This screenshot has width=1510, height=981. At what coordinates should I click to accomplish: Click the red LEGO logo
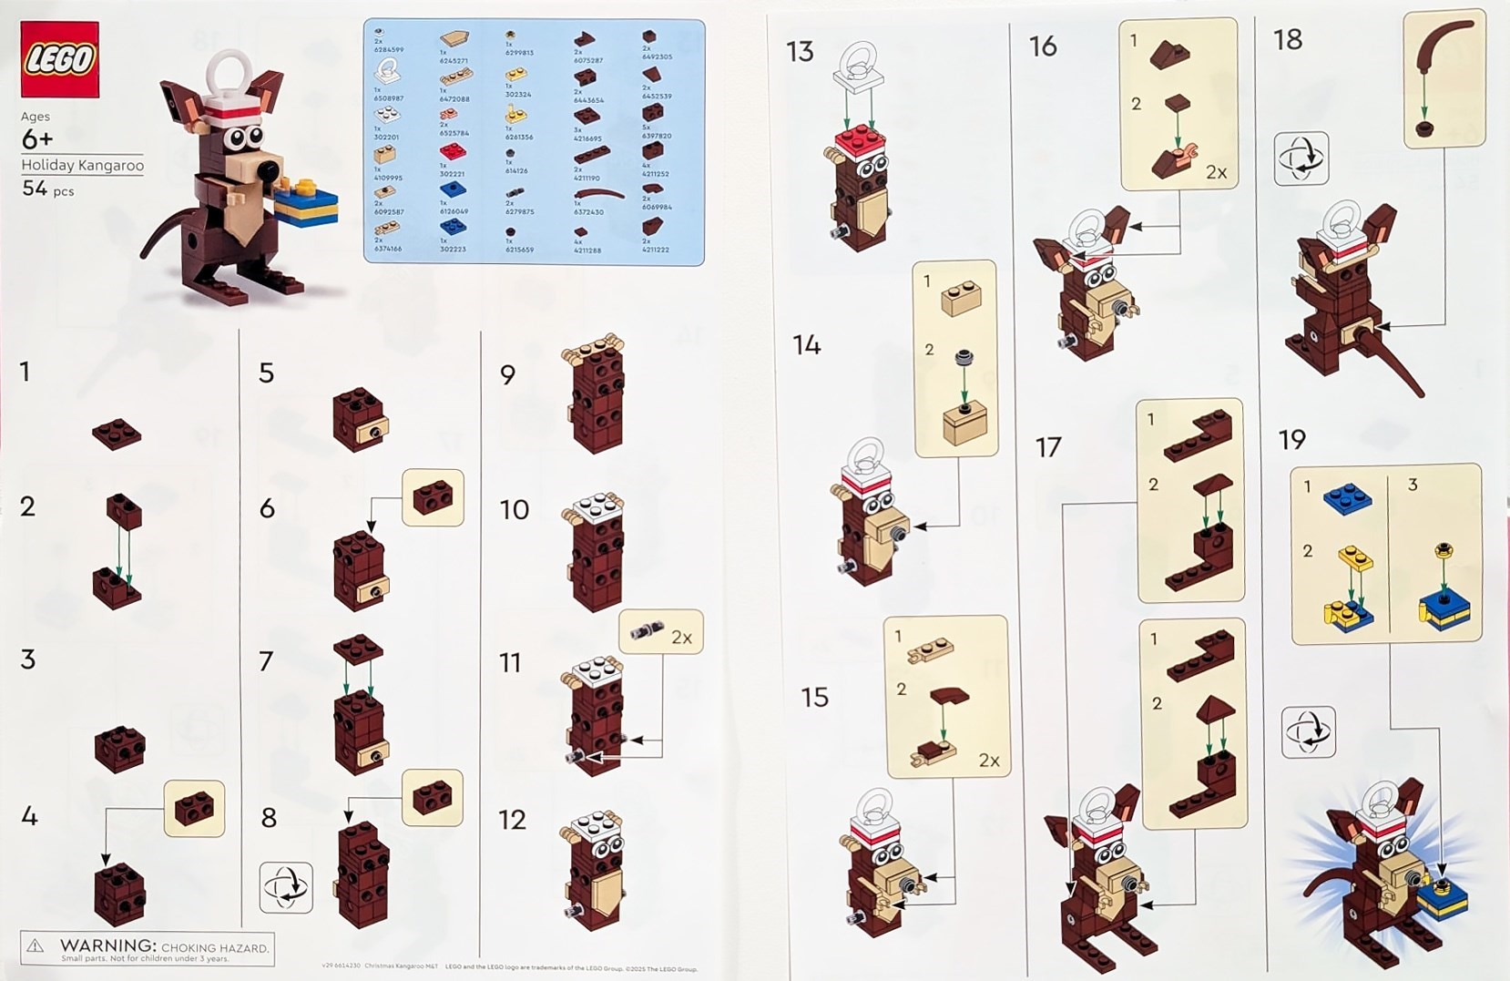pos(59,59)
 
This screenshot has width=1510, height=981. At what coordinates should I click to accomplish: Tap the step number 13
pos(800,52)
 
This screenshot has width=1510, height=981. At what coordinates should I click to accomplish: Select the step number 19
pos(1291,440)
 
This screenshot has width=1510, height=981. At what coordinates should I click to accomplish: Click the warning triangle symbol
pos(35,946)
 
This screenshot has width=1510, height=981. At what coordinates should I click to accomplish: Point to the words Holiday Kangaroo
pos(82,165)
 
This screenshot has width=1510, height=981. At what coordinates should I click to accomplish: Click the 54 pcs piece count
pos(47,189)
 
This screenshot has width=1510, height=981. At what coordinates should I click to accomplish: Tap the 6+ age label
pos(36,139)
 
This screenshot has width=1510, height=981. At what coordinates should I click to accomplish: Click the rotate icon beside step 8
pos(286,886)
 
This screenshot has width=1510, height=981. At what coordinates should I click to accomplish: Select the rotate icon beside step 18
pos(1301,158)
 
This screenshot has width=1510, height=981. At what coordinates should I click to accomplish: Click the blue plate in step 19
pos(1348,498)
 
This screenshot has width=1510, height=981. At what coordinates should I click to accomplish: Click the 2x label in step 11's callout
pos(681,638)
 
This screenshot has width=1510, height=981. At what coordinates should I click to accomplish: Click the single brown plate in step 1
pos(117,434)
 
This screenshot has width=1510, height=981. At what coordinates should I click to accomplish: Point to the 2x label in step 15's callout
pos(988,760)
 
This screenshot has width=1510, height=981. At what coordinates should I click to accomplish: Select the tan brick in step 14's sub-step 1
pos(960,299)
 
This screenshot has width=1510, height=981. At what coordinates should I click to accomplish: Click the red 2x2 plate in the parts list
pos(452,151)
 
